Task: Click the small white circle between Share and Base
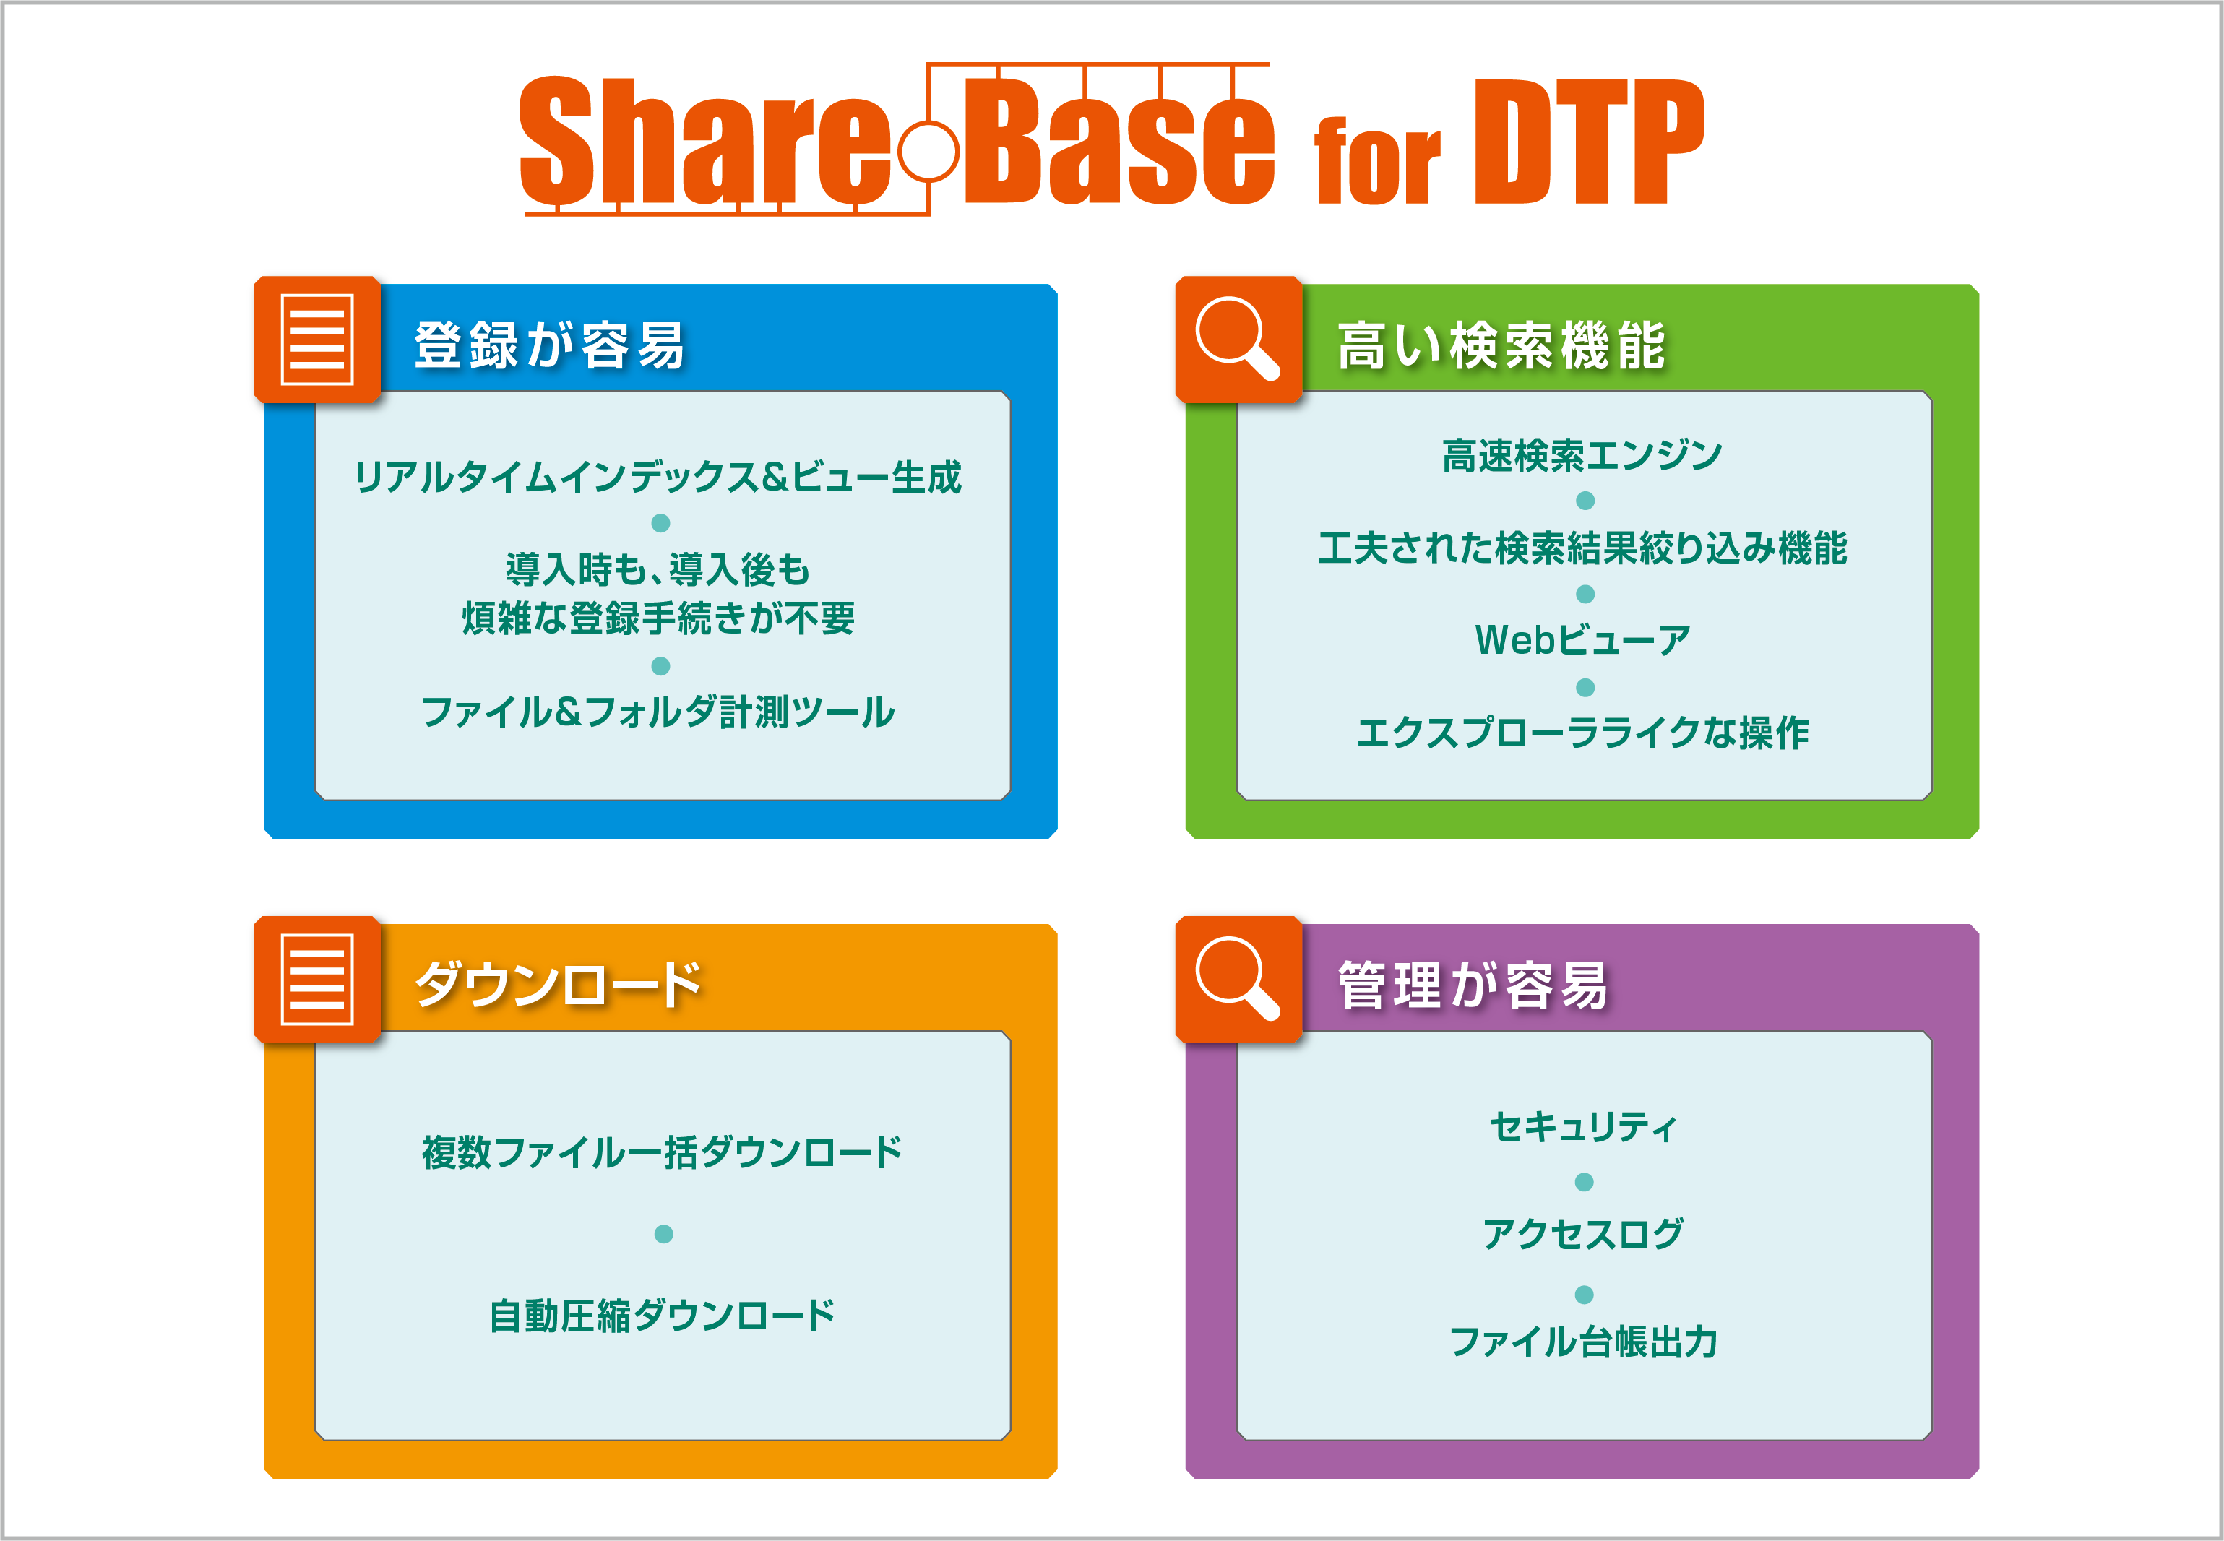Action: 928,150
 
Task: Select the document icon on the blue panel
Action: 316,339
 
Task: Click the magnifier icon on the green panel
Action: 1238,339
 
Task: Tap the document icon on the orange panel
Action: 316,979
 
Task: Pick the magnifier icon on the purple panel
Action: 1238,979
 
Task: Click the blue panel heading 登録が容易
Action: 549,345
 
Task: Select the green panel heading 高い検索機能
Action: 1501,345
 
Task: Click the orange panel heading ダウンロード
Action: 559,985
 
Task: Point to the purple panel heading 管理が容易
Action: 1473,985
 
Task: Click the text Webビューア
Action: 1583,639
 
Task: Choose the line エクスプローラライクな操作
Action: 1583,732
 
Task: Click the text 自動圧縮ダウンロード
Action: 663,1315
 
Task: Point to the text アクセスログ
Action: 1584,1233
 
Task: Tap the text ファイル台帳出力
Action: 1584,1341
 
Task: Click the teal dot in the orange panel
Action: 663,1234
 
